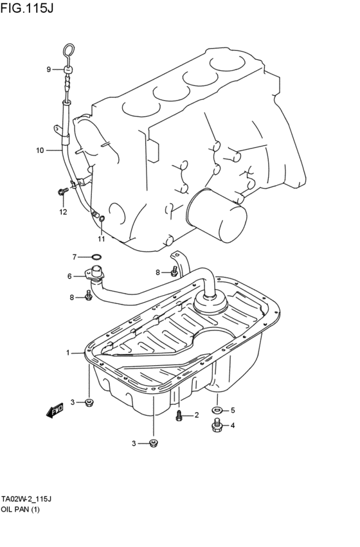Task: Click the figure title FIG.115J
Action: [28, 8]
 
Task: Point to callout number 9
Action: [48, 69]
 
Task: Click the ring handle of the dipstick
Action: [69, 49]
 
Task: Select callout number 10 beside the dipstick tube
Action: [40, 150]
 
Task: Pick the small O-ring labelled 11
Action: [102, 222]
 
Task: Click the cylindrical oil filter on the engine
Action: [217, 216]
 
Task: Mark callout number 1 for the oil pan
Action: [67, 352]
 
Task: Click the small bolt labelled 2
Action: [180, 416]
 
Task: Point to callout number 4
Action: [233, 425]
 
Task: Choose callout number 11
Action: [101, 239]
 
